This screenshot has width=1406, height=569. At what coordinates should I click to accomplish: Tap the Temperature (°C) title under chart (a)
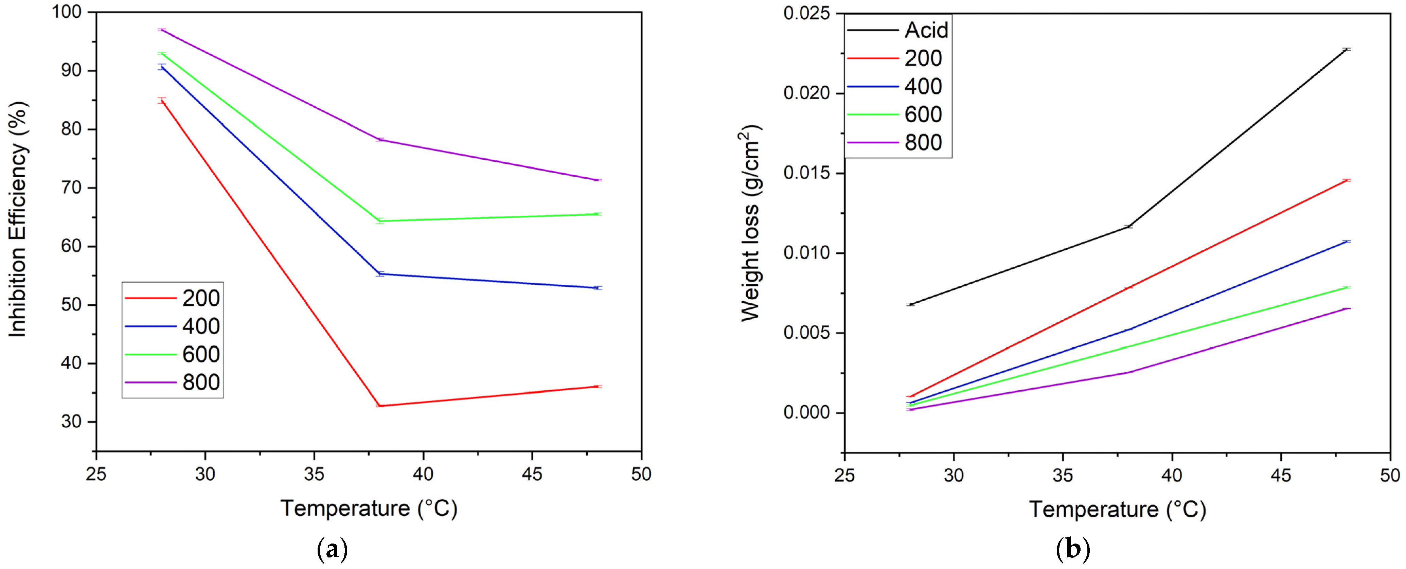point(369,509)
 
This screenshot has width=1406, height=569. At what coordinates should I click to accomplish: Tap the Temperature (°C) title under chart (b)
point(1117,510)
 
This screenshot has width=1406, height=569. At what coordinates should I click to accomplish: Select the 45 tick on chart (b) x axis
point(1280,476)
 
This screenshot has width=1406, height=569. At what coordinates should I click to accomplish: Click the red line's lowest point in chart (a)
point(379,406)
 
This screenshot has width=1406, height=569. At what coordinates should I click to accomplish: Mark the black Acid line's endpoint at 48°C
point(1347,49)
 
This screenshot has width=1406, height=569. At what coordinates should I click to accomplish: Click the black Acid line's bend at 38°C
point(1128,226)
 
